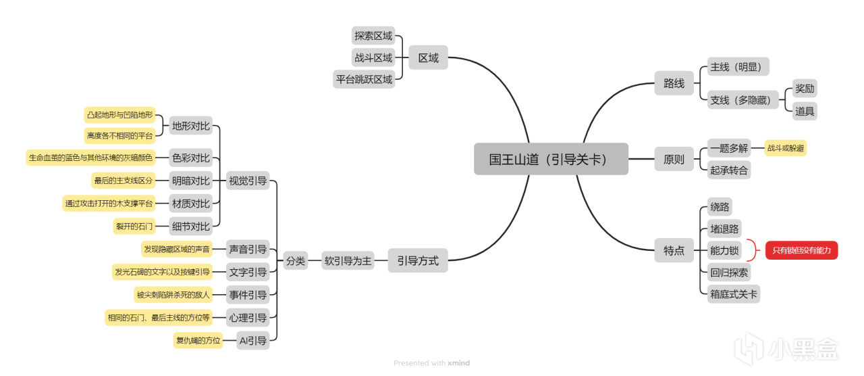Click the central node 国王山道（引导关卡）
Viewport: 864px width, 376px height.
click(551, 160)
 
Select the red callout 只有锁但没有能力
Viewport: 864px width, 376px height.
click(801, 251)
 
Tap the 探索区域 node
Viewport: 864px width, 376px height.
click(373, 36)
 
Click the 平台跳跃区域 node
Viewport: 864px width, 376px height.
click(364, 79)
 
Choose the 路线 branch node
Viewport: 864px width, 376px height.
click(674, 84)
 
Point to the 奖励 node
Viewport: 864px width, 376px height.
click(805, 89)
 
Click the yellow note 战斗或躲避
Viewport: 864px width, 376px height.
click(785, 148)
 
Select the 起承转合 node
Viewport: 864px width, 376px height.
click(729, 170)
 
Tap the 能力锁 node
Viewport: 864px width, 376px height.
click(724, 251)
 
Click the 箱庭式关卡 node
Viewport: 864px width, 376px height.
click(733, 294)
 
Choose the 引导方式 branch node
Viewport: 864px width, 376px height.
click(417, 261)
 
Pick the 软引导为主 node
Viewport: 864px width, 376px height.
click(348, 261)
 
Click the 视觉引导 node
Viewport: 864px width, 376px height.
click(247, 181)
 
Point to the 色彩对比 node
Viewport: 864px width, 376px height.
click(190, 158)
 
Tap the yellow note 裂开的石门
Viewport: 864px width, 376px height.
click(134, 227)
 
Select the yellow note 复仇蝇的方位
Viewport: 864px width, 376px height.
click(198, 341)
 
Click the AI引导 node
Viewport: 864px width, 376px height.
click(253, 341)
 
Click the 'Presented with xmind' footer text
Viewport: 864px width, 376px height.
click(431, 363)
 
